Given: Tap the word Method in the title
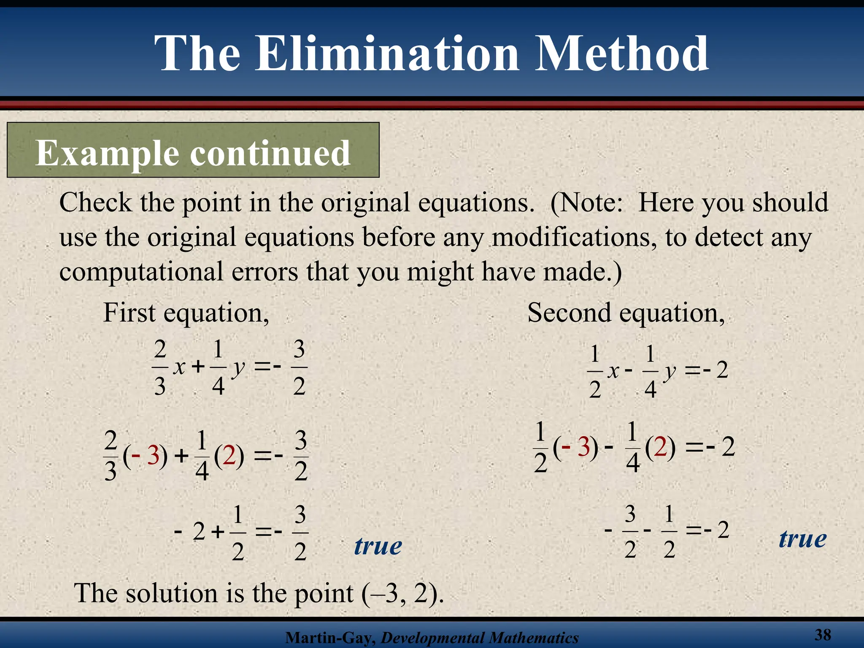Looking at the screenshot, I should tap(622, 54).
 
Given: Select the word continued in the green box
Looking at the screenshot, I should tap(270, 153).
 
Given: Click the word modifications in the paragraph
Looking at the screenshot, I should tap(574, 237).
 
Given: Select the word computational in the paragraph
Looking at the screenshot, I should tap(140, 272).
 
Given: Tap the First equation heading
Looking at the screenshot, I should tap(186, 313).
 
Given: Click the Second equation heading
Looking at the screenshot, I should tap(626, 313).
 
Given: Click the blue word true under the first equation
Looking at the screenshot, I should tap(378, 546).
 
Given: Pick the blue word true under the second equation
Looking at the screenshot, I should tap(802, 539).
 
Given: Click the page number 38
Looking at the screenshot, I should tap(823, 634).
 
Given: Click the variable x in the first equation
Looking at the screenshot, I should tap(179, 367).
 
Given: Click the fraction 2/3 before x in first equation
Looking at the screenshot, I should tap(160, 367).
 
